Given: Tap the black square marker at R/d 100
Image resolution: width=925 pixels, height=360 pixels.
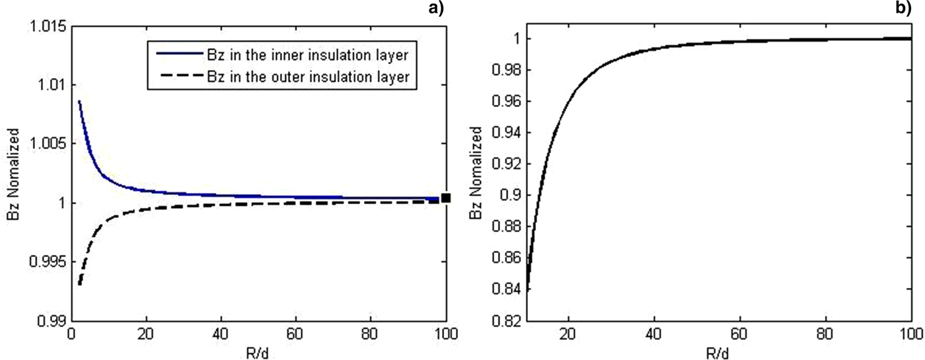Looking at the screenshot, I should (446, 198).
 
